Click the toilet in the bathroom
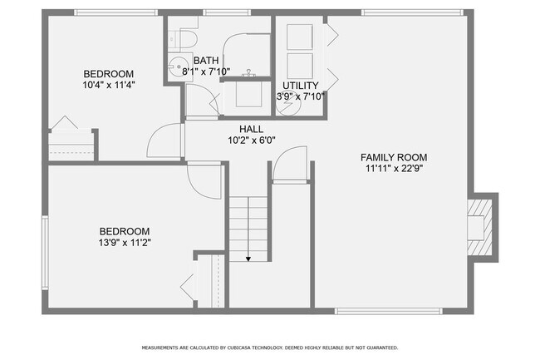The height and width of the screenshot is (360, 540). click(x=186, y=37)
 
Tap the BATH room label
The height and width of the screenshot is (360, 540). click(x=206, y=61)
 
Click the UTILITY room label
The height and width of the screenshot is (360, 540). click(x=299, y=86)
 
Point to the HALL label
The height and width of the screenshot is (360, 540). click(x=253, y=129)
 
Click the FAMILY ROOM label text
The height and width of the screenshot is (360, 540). click(x=393, y=157)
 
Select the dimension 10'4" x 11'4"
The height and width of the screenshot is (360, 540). click(x=109, y=84)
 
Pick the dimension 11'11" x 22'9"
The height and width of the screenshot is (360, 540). click(x=393, y=169)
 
